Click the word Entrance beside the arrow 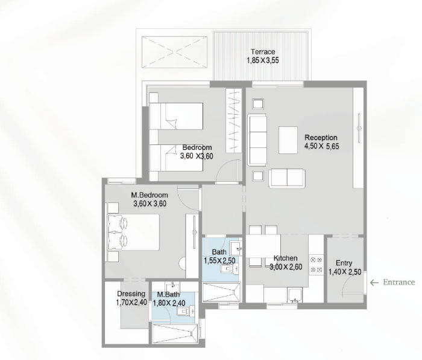tap(399, 282)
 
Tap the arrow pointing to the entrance tap(374, 282)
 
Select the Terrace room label tap(263, 51)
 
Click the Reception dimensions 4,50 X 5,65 tap(321, 146)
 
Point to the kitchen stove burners tap(316, 265)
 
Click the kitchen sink tap(295, 295)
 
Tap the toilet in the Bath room tap(229, 269)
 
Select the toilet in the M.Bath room tap(186, 311)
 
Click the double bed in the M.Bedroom tap(133, 233)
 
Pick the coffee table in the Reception tap(288, 140)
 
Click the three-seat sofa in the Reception tap(257, 140)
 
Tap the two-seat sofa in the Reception tap(287, 178)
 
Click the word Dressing tap(131, 294)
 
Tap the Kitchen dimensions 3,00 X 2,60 tap(286, 267)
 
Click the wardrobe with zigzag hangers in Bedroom tap(234, 121)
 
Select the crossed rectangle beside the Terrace tap(174, 53)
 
